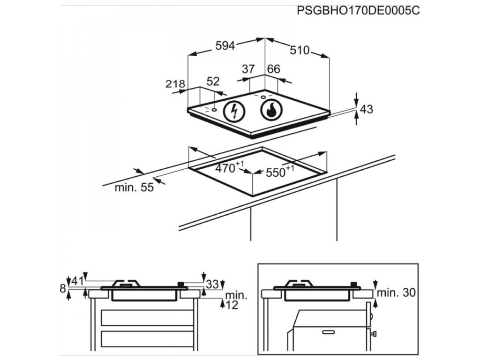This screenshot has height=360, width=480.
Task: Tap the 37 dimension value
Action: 248,69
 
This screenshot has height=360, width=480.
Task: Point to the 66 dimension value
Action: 273,69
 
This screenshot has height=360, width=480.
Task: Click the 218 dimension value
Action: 175,84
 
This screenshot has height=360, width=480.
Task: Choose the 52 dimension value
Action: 213,81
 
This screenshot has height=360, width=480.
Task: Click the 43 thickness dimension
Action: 367,110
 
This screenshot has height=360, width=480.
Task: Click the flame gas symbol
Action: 270,111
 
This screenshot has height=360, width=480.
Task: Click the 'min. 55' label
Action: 134,188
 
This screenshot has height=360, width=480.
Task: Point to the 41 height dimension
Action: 77,281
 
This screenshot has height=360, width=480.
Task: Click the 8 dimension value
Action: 62,289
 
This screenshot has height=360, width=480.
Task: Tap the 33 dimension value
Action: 212,284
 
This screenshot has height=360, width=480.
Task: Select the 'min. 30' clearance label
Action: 397,293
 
